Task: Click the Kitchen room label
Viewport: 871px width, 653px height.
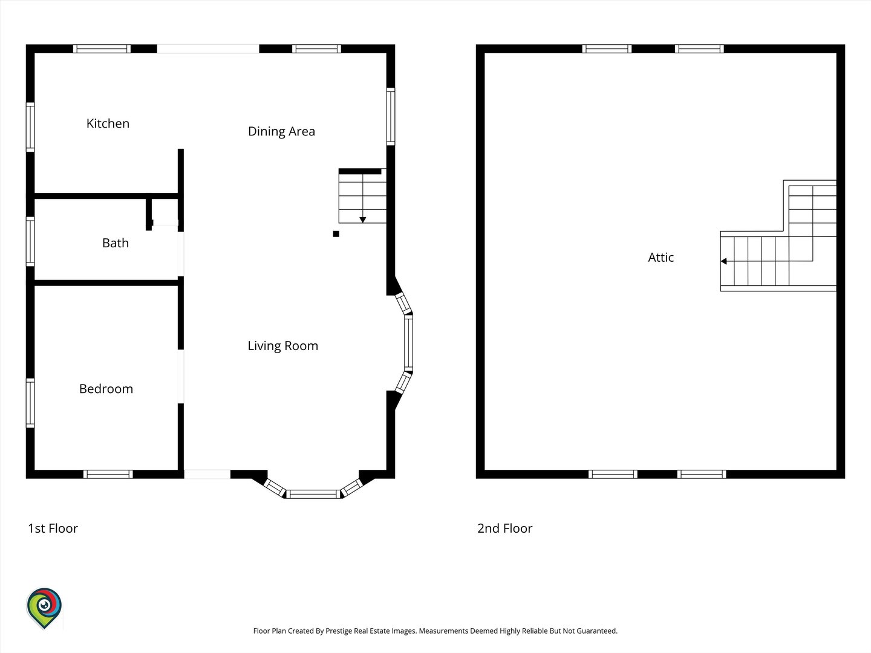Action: (x=108, y=123)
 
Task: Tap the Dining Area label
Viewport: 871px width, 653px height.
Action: (x=281, y=131)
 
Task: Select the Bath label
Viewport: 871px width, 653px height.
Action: (x=116, y=242)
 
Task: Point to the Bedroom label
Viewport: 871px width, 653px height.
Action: (x=106, y=389)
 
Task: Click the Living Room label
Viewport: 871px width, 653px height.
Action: (x=283, y=346)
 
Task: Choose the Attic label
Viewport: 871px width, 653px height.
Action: (x=661, y=258)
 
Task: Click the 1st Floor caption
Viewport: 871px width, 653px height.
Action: (x=53, y=528)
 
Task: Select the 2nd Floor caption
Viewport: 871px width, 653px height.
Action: (x=504, y=528)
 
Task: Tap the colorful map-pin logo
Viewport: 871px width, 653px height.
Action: (x=44, y=608)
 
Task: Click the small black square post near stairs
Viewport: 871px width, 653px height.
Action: (x=336, y=234)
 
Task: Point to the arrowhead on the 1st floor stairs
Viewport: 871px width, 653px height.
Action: (x=363, y=219)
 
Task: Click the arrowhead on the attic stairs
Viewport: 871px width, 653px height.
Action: (x=724, y=261)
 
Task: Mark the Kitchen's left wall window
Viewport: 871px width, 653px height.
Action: (x=30, y=127)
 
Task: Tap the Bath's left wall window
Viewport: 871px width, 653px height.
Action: (x=30, y=241)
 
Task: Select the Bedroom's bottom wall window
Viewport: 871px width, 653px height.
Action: (x=108, y=474)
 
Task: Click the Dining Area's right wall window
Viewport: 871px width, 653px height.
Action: (x=391, y=117)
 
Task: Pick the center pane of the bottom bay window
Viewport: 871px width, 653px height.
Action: (x=313, y=494)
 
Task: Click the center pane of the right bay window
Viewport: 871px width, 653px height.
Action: (x=409, y=343)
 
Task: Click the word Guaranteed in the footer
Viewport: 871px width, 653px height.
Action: (x=597, y=631)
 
